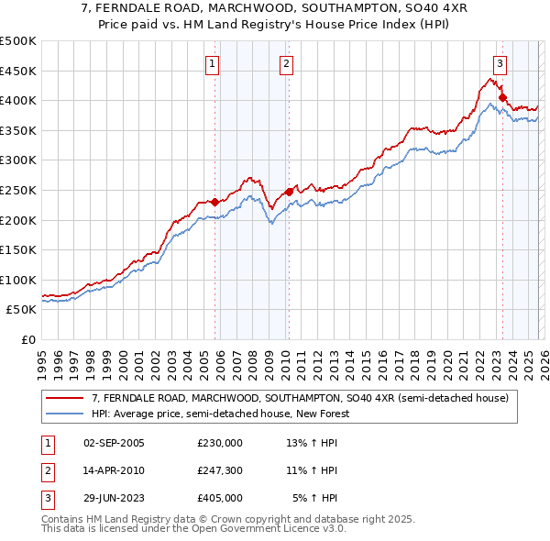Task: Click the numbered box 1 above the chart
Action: [212, 63]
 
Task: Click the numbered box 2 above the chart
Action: [286, 63]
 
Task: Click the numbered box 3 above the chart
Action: [500, 63]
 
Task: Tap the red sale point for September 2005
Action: [214, 202]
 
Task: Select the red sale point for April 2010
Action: [289, 192]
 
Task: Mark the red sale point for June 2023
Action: [502, 97]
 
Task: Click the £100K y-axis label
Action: [18, 280]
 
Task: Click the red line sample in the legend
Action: [65, 398]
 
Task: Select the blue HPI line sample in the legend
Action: [65, 414]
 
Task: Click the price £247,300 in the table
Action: [220, 470]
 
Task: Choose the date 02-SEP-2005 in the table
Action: [114, 443]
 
